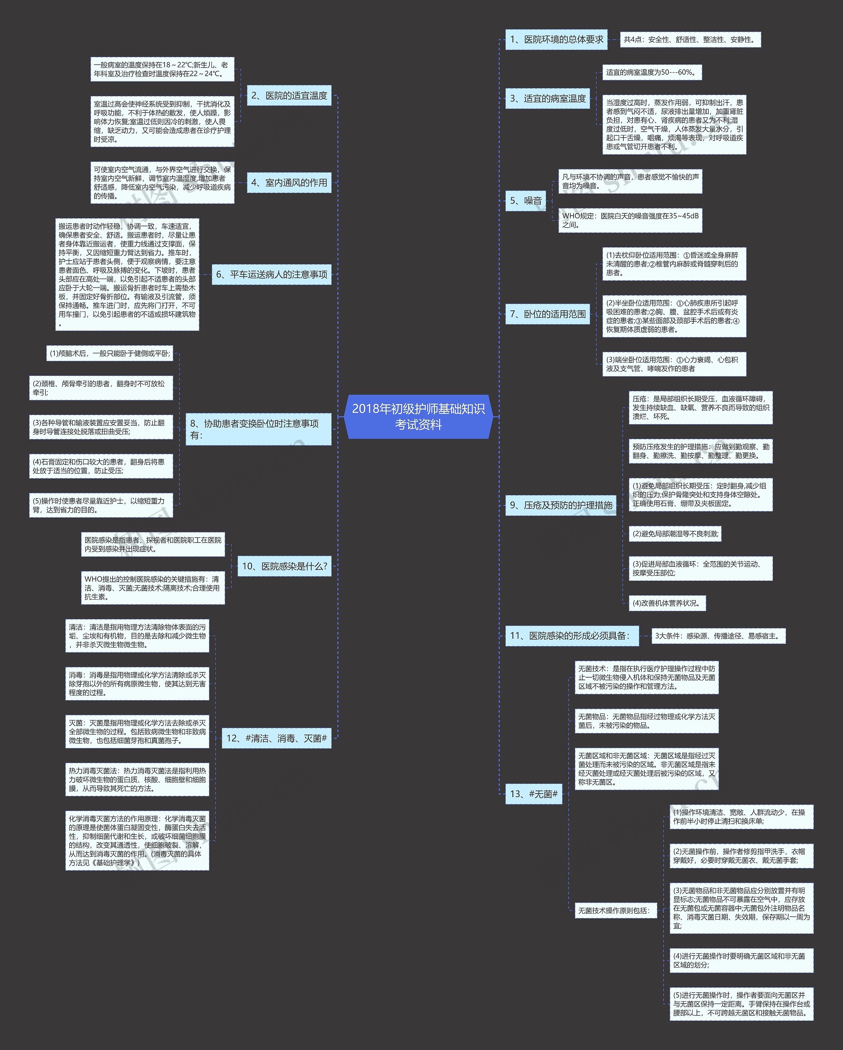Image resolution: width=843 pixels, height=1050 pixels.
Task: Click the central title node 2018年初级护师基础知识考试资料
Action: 418,417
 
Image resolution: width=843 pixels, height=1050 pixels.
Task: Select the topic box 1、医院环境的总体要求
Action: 556,40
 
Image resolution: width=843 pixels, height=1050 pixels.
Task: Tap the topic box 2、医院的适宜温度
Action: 289,95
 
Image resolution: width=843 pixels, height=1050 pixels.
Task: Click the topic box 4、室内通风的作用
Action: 289,183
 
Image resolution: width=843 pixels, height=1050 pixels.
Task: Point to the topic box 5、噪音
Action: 526,201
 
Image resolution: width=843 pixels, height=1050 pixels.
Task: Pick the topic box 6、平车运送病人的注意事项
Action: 272,275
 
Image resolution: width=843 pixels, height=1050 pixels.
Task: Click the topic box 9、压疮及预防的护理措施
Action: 560,505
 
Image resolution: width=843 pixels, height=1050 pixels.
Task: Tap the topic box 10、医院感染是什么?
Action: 285,566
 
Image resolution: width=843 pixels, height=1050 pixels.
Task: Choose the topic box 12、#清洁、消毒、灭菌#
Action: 277,738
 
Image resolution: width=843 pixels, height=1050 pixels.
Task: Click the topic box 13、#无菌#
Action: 534,794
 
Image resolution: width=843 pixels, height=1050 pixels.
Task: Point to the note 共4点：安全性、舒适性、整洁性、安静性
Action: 691,40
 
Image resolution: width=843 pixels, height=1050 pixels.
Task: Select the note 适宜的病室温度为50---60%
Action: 652,72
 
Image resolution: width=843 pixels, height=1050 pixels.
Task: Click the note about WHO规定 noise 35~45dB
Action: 630,220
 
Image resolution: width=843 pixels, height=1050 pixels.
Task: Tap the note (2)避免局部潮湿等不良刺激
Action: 675,534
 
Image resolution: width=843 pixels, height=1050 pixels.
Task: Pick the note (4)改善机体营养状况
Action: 667,603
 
